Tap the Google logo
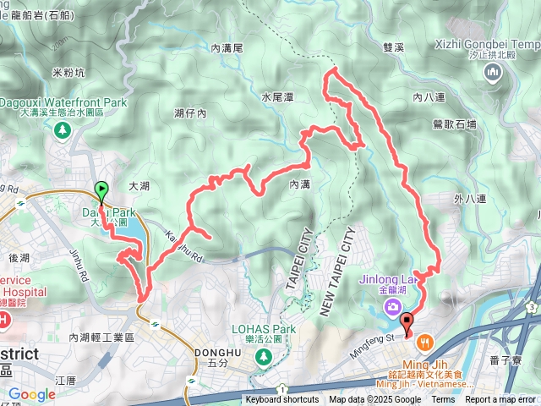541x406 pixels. [x=31, y=394]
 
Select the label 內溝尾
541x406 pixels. [x=227, y=48]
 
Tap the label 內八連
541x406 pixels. [x=429, y=97]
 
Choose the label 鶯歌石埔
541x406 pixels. [x=454, y=123]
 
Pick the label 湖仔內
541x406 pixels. [x=190, y=112]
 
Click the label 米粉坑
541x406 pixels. [x=69, y=73]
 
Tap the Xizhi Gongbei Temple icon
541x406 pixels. [x=495, y=75]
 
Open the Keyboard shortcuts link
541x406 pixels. [x=282, y=400]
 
